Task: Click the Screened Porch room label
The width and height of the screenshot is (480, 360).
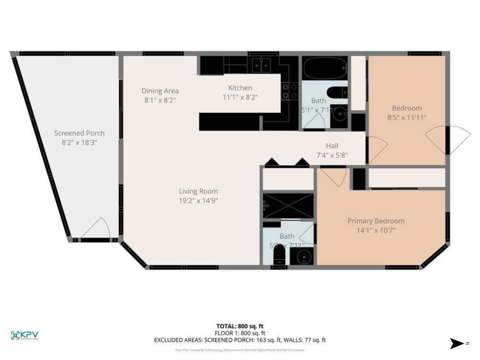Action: (x=79, y=133)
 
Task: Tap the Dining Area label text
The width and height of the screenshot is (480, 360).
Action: (x=160, y=91)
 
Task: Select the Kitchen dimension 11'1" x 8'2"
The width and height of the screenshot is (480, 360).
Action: (x=240, y=97)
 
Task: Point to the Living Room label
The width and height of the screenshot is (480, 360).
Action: (x=198, y=191)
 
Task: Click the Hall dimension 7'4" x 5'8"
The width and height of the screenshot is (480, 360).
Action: (x=332, y=155)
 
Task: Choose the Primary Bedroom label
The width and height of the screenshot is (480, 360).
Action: (x=375, y=221)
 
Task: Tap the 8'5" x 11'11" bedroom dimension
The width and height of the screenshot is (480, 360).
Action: (x=407, y=118)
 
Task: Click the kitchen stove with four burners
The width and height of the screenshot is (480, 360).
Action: (x=289, y=91)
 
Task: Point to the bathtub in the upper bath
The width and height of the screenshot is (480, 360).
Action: (x=325, y=68)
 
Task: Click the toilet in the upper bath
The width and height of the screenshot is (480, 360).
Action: (x=336, y=93)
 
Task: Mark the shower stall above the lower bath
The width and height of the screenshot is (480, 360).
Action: (x=288, y=205)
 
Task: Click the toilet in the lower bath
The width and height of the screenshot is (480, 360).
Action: (x=279, y=256)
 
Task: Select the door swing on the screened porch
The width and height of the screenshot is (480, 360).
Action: (x=97, y=229)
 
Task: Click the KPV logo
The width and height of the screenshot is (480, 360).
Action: (x=25, y=335)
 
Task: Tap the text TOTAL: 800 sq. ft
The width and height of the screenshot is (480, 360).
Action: (x=240, y=326)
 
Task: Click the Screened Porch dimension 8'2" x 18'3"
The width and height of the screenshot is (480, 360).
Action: (x=79, y=142)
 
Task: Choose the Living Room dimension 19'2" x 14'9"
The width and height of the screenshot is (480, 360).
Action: (x=198, y=200)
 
